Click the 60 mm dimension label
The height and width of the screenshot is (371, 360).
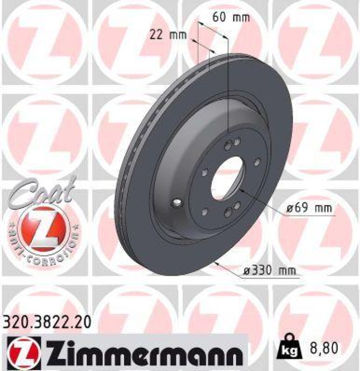click(231, 18)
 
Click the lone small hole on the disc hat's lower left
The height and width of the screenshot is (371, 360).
click(177, 203)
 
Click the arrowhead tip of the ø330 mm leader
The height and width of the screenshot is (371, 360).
click(215, 263)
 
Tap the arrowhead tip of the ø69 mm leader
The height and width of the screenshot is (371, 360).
click(241, 189)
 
